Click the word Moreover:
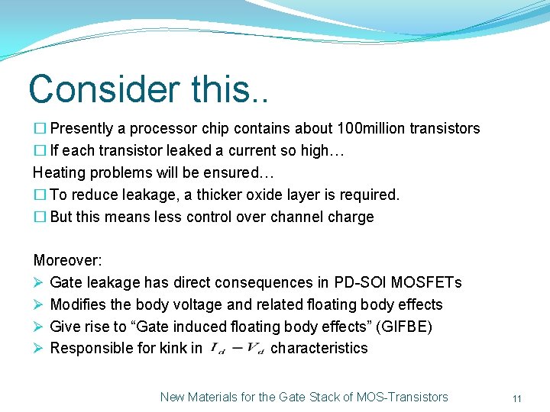pos(67,261)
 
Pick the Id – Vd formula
pos(236,349)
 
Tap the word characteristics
pos(319,349)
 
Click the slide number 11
pos(517,398)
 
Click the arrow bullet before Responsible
pos(38,349)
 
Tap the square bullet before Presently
pos(40,129)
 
